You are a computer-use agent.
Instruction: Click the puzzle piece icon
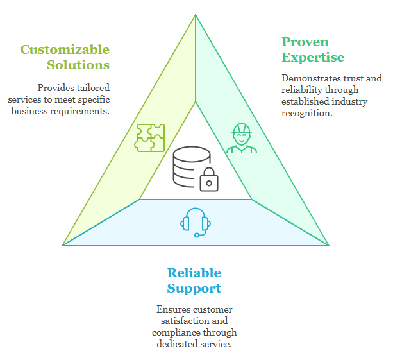(149, 137)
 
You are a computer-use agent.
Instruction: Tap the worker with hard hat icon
(241, 139)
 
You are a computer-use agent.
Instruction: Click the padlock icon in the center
(209, 180)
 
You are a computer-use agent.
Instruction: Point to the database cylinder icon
(190, 166)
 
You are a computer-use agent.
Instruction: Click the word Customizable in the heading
(65, 50)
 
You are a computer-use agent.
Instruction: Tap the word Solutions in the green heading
(78, 65)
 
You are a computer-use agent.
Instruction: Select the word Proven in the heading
(305, 42)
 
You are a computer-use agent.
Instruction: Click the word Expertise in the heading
(313, 57)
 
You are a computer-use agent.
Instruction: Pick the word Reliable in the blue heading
(194, 273)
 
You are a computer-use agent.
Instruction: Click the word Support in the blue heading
(194, 288)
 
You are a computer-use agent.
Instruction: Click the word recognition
(307, 113)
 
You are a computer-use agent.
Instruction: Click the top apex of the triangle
(196, 15)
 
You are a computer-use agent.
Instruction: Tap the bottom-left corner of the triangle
(63, 245)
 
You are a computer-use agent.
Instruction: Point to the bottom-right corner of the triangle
(328, 245)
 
